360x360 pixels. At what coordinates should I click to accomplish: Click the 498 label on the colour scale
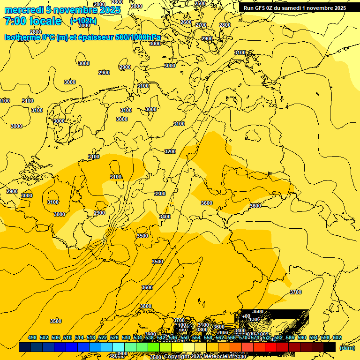(32, 337)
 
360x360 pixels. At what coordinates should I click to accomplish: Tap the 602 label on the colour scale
(337, 337)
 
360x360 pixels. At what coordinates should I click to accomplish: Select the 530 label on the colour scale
(126, 337)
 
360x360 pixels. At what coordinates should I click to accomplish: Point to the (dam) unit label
(347, 347)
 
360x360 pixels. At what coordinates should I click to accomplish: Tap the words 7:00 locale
(33, 21)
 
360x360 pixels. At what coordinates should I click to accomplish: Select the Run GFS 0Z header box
(294, 7)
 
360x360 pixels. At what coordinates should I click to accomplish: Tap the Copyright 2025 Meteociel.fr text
(197, 357)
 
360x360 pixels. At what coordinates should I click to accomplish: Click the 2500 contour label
(200, 3)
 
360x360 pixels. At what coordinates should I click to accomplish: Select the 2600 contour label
(186, 22)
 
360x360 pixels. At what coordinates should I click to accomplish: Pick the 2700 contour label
(201, 25)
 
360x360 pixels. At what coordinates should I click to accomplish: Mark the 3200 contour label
(170, 151)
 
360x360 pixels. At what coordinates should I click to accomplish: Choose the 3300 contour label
(160, 194)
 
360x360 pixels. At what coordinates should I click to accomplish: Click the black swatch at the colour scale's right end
(330, 347)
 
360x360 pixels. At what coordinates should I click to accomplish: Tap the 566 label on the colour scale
(232, 337)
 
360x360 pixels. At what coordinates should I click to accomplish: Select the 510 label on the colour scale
(67, 337)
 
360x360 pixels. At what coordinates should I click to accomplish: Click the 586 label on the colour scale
(290, 337)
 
